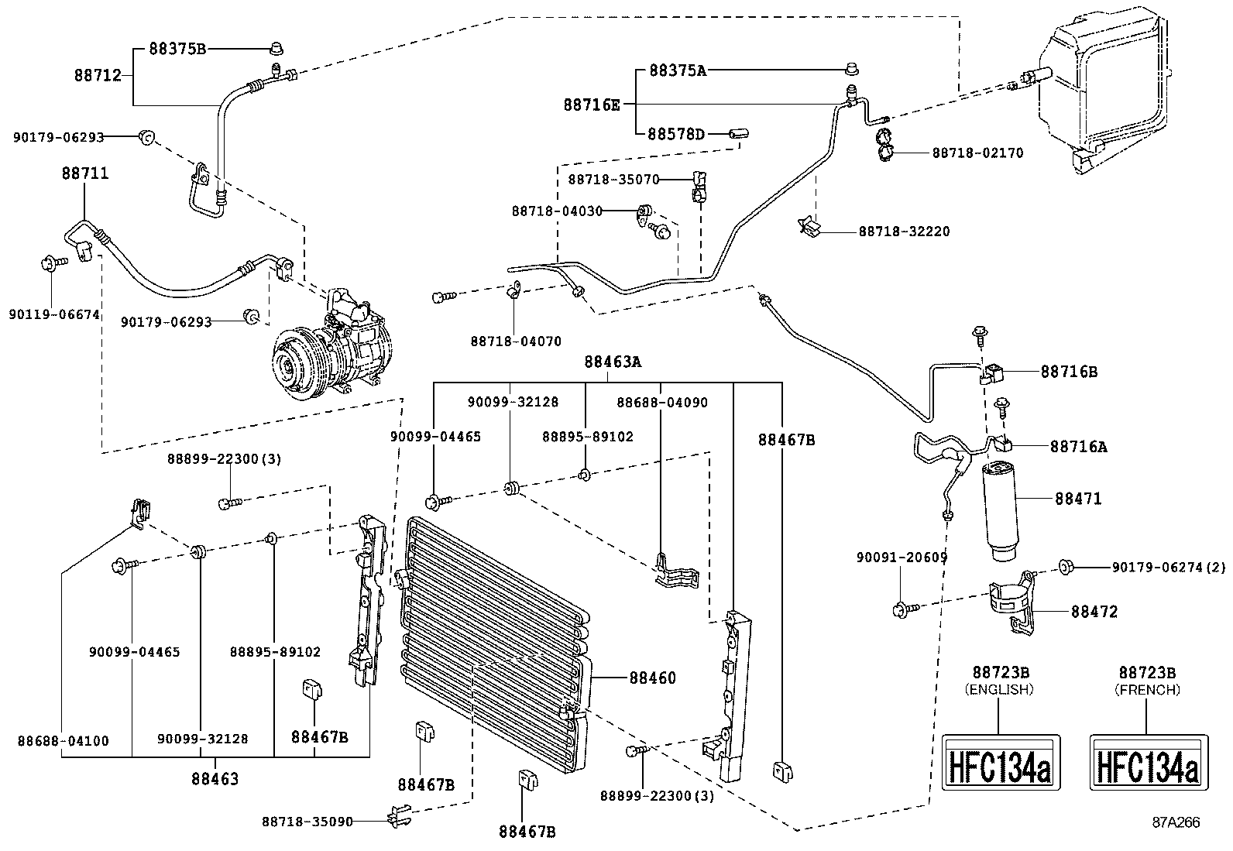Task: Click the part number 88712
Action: tap(98, 75)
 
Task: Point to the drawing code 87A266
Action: tap(1175, 822)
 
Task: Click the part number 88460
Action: tap(652, 678)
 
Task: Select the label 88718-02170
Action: tap(977, 153)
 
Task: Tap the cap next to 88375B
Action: tap(275, 50)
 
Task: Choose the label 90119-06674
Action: tap(54, 314)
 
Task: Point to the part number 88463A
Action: tap(613, 362)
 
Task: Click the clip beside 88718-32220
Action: tap(810, 226)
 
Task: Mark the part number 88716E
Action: tap(591, 105)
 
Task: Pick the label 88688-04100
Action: tap(63, 740)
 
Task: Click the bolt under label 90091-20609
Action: tap(902, 609)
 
